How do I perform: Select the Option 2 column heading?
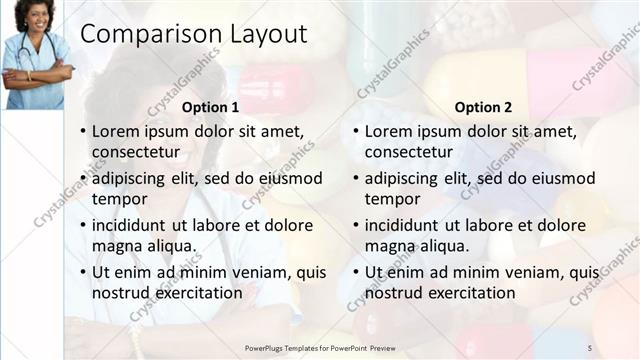[x=483, y=107]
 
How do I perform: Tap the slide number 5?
[x=589, y=347]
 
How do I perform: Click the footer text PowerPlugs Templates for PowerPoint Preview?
[x=326, y=347]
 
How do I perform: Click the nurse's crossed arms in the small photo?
[x=36, y=73]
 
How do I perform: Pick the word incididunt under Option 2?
[x=404, y=225]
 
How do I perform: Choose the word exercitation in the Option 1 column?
[x=198, y=293]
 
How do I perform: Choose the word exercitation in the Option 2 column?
[x=470, y=293]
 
